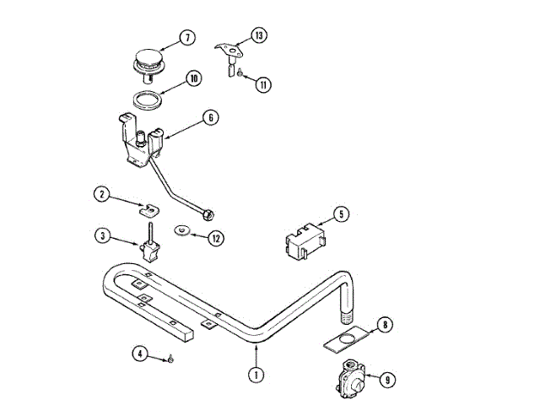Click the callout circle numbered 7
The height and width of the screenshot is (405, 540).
pyautogui.click(x=186, y=38)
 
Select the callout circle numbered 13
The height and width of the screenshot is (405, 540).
pyautogui.click(x=258, y=35)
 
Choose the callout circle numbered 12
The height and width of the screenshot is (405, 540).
pyautogui.click(x=216, y=239)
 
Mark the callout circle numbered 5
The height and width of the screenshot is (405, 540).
pyautogui.click(x=340, y=214)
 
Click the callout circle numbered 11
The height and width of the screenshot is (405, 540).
pyautogui.click(x=263, y=84)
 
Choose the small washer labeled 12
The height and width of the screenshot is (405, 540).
pyautogui.click(x=181, y=229)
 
